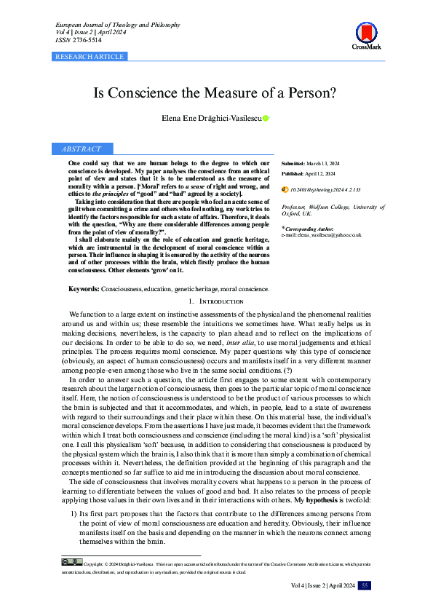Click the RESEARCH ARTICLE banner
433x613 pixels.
tap(90, 56)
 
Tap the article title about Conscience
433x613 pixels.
tap(216, 94)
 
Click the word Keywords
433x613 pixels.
tap(84, 289)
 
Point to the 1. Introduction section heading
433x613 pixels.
tap(216, 301)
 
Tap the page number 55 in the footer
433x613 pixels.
tap(365, 585)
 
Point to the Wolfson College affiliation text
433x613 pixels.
tap(333, 210)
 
